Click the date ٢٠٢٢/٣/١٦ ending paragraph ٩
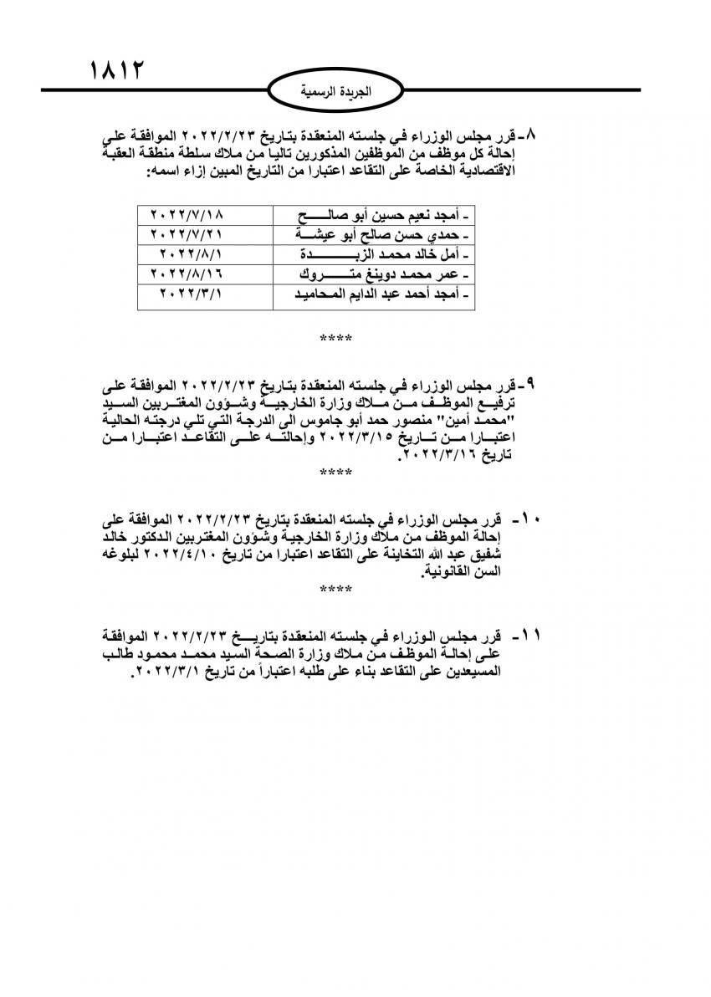tap(440, 455)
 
